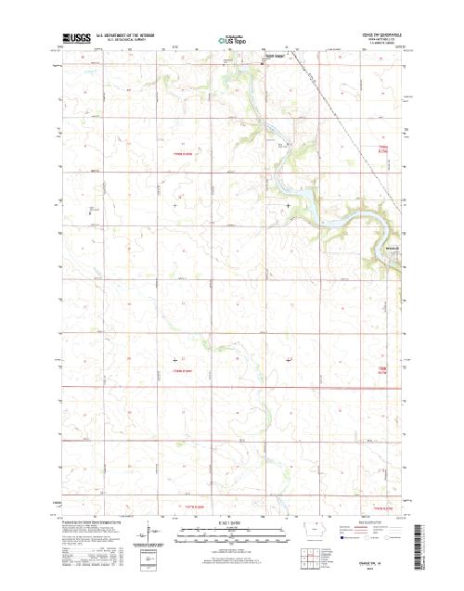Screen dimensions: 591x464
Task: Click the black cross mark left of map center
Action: click(175, 205)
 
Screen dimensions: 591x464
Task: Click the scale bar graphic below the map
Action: click(231, 534)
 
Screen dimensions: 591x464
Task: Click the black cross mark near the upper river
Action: click(288, 205)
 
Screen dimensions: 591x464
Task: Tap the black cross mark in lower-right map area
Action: click(288, 359)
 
